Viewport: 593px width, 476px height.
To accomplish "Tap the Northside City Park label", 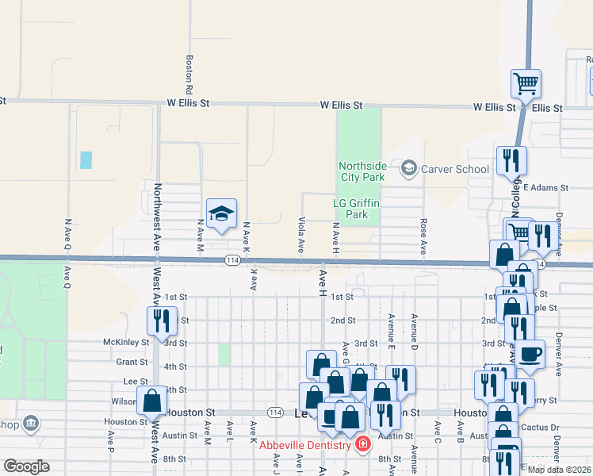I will coord(362,171).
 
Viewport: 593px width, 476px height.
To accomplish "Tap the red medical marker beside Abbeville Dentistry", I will coord(363,444).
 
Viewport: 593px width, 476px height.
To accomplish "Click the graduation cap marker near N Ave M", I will coord(222,213).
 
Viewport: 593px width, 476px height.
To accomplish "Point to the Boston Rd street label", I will coord(189,71).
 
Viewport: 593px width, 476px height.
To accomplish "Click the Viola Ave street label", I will coord(301,235).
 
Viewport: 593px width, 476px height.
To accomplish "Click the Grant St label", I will coord(132,361).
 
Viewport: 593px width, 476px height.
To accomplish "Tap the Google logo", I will coord(26,466).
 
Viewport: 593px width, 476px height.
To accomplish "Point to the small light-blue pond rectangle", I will coord(86,159).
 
